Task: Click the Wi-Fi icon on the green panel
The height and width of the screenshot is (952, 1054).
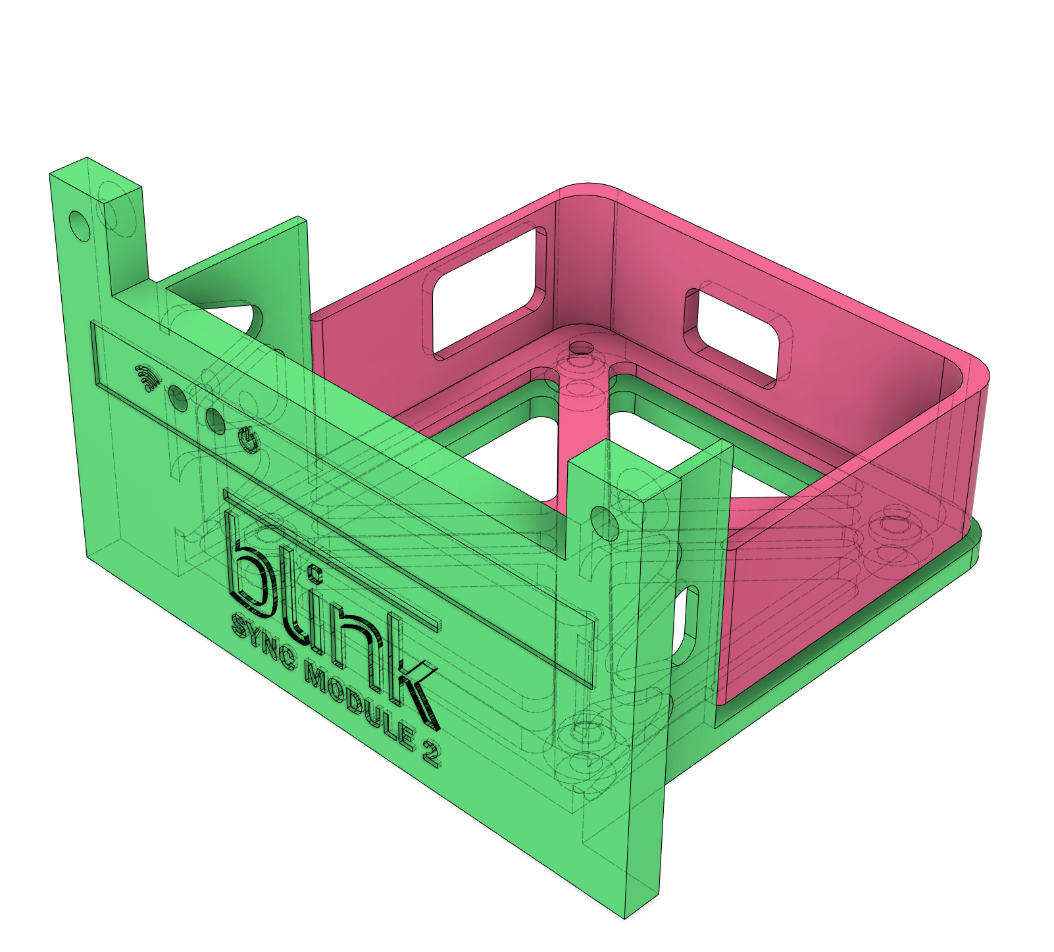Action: pos(147,378)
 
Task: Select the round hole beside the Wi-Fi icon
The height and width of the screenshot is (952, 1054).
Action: pos(178,397)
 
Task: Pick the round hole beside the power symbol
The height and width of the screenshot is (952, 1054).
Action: pos(215,420)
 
